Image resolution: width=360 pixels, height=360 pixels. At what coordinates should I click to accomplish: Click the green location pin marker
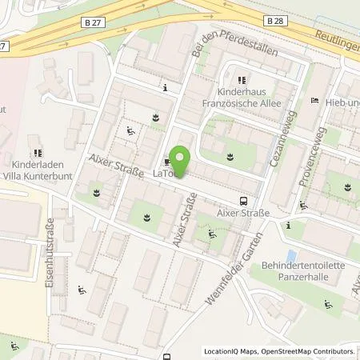[180, 163]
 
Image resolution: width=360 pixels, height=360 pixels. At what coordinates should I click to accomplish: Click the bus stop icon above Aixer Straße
[243, 202]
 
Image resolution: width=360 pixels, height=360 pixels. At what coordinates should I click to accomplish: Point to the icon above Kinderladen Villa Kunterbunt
[37, 152]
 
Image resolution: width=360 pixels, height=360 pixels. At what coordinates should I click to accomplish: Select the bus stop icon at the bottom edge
[167, 356]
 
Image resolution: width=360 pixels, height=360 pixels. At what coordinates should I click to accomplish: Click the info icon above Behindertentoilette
[288, 226]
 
